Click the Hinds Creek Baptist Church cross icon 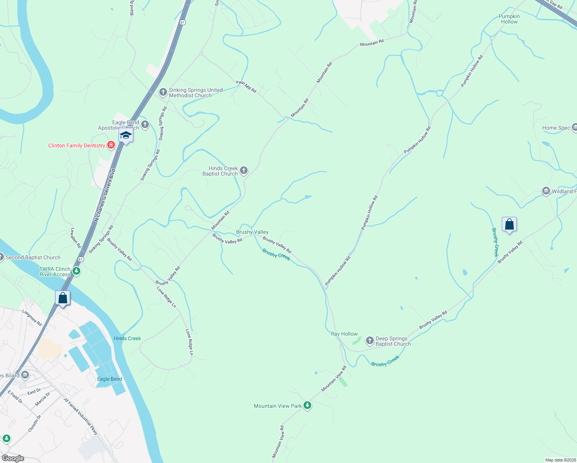[x=244, y=170]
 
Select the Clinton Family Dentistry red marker [x=111, y=145]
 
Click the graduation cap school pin [x=126, y=136]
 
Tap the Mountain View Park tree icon [x=307, y=405]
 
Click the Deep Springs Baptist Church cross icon [x=369, y=340]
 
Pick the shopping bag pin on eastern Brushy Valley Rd [x=509, y=225]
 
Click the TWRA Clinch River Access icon [x=77, y=271]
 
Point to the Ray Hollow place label [x=344, y=334]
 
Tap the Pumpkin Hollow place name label [x=509, y=19]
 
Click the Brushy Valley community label [x=252, y=232]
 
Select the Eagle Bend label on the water [x=110, y=379]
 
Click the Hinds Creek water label [x=127, y=338]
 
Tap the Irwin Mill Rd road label [x=246, y=87]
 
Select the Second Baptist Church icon [x=1, y=257]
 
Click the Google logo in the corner [x=13, y=458]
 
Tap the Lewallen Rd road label [x=76, y=238]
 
